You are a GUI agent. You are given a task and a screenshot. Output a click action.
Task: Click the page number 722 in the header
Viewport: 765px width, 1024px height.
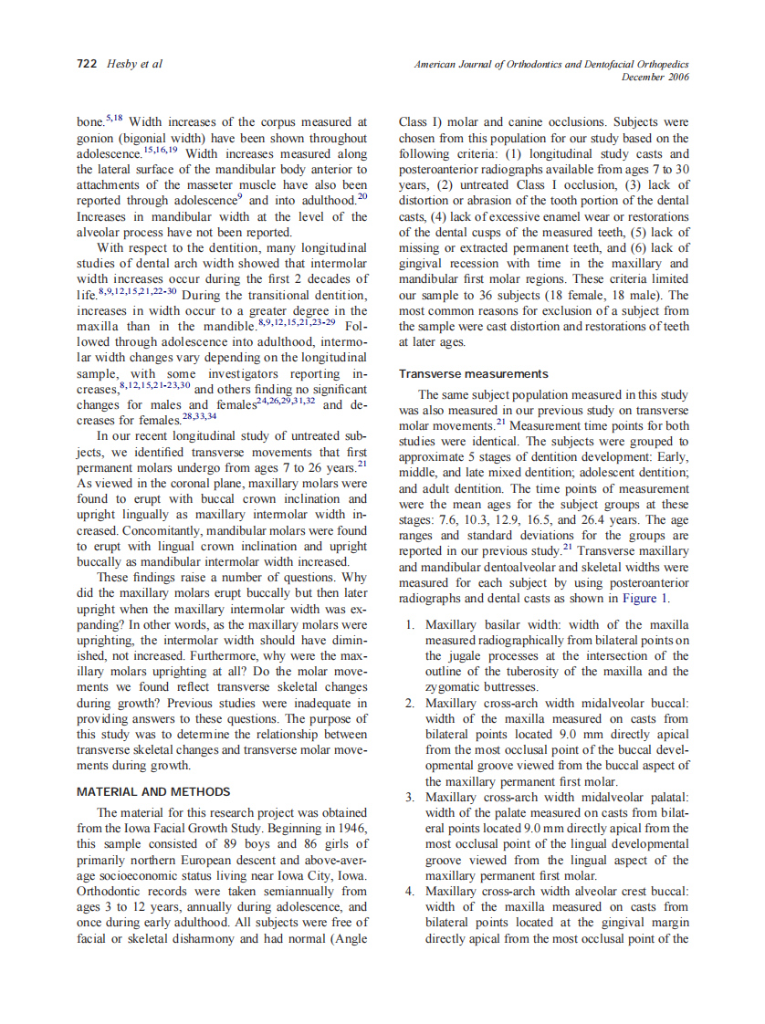[85, 64]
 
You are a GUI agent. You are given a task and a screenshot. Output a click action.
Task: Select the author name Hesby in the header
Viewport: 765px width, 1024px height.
[122, 64]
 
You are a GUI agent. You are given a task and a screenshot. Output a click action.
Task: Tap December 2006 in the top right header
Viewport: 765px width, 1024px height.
[655, 77]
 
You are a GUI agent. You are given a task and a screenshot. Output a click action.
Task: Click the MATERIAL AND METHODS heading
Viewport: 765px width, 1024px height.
[153, 791]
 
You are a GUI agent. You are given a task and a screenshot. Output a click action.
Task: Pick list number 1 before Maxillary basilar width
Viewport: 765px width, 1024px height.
[411, 624]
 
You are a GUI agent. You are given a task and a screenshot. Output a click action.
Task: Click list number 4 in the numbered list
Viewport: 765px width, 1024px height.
[411, 891]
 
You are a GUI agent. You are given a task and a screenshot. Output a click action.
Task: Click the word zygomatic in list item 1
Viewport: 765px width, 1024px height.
[455, 686]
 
